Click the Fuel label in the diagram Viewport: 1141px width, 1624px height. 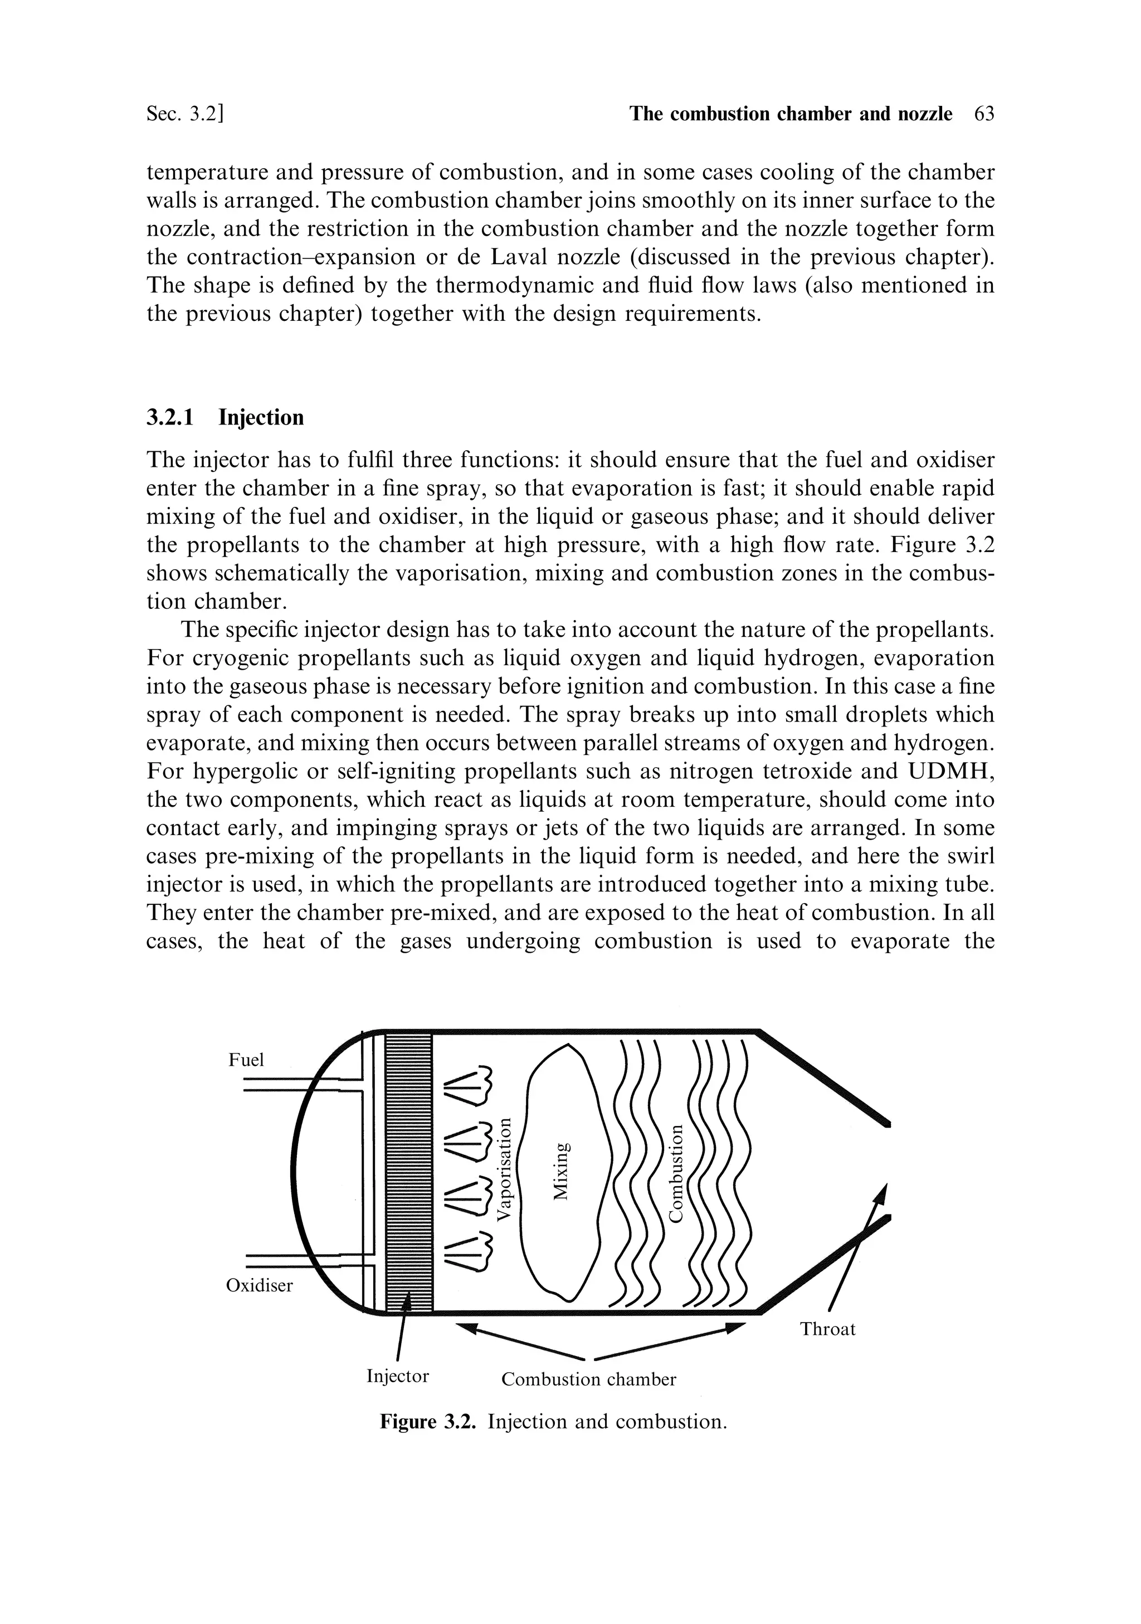click(x=246, y=1059)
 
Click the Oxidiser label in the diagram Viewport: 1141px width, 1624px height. click(x=259, y=1285)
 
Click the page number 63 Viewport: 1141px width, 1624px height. click(x=984, y=114)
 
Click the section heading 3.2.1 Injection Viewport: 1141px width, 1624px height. click(x=225, y=417)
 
